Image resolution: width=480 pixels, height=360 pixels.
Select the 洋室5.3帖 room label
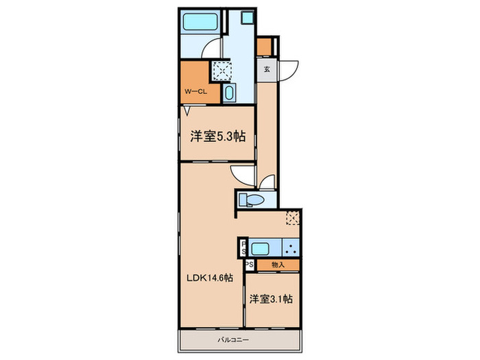tap(217, 136)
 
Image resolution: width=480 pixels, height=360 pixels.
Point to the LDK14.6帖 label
tap(211, 278)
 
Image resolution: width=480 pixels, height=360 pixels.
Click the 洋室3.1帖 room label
tap(272, 299)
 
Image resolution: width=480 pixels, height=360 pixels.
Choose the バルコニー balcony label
tap(239, 340)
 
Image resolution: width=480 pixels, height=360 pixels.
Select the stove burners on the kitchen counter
tap(292, 248)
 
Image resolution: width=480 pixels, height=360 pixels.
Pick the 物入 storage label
tap(278, 264)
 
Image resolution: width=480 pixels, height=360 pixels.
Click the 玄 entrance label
tap(267, 69)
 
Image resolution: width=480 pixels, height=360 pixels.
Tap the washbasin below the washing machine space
tap(229, 93)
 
